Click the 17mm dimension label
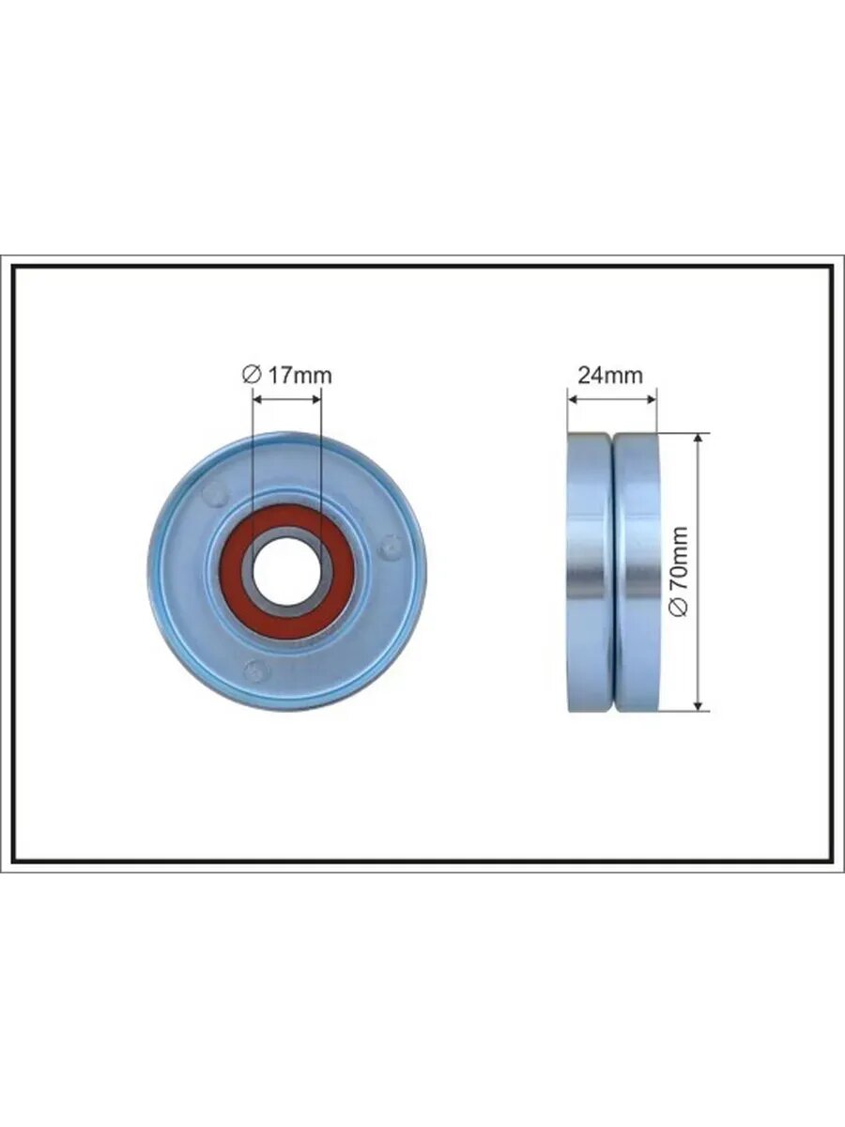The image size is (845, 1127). coord(300,376)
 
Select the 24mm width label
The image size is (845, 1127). coord(610,376)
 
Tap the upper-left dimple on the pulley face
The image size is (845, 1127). coord(216,494)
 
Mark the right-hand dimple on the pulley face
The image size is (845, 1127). coord(391,547)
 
